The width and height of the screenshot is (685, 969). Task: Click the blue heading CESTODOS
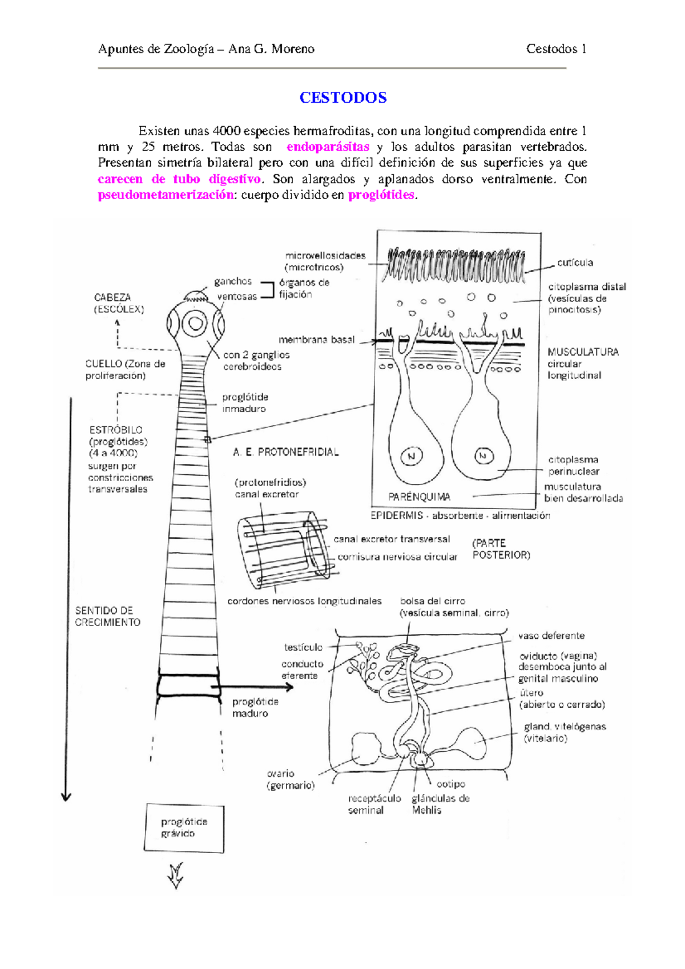tap(342, 98)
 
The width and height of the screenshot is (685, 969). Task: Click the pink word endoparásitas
tap(328, 147)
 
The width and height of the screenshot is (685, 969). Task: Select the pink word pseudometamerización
tap(166, 195)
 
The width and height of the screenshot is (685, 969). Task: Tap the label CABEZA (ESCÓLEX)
tap(118, 303)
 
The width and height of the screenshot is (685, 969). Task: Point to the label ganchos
tap(233, 281)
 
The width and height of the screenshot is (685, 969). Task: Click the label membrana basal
tap(316, 340)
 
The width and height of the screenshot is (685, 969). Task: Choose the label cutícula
tap(575, 263)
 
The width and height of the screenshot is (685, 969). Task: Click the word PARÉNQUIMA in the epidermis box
tap(419, 496)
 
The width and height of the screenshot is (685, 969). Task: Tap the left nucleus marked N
tap(411, 456)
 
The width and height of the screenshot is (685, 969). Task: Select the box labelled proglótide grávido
tap(184, 828)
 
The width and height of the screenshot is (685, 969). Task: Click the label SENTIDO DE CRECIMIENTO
tap(107, 616)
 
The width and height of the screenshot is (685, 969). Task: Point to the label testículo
tap(303, 647)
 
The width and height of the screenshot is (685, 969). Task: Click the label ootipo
tap(451, 784)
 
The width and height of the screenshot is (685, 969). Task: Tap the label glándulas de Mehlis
tap(440, 804)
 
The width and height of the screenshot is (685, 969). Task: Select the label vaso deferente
tap(551, 636)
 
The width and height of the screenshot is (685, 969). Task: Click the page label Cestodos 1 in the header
tap(556, 49)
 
